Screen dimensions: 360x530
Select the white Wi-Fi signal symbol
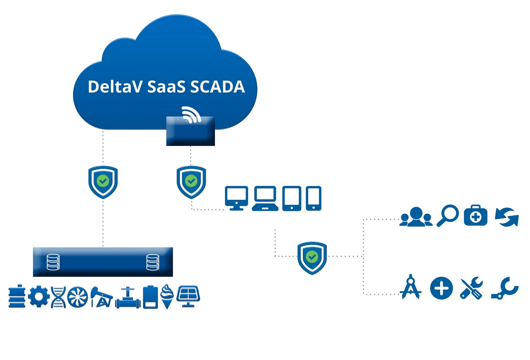[192, 114]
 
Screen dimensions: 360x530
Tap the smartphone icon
[313, 198]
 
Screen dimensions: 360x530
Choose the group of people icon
[416, 217]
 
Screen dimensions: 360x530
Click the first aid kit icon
[476, 216]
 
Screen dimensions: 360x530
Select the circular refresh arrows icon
[507, 216]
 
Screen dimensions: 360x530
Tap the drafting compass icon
[411, 287]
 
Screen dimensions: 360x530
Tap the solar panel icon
[189, 295]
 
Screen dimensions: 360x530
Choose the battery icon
[150, 297]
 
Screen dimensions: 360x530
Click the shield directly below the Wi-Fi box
[191, 181]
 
